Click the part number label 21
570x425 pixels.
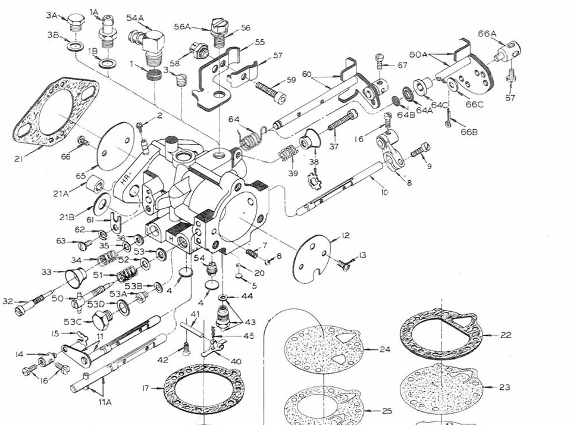click(18, 158)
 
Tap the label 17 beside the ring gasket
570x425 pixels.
click(145, 388)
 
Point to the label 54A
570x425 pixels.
click(136, 18)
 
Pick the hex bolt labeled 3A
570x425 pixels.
click(75, 21)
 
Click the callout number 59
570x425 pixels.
click(291, 80)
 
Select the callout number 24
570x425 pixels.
click(385, 349)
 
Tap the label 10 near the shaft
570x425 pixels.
click(385, 193)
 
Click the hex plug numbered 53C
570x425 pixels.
click(102, 322)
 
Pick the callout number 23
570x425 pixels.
click(505, 387)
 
